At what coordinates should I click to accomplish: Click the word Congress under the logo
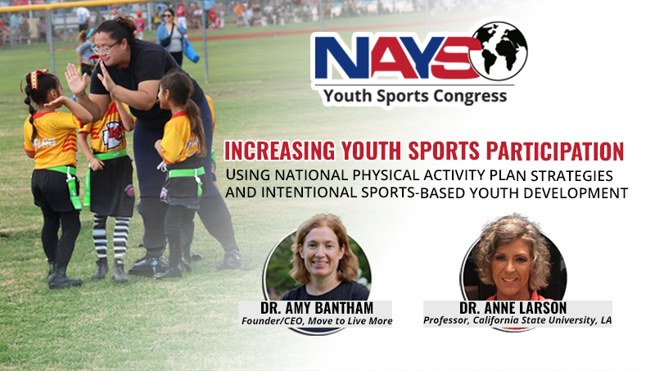[470, 97]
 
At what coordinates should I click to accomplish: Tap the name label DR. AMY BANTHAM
[315, 307]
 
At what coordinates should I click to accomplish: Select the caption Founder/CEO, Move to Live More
[316, 320]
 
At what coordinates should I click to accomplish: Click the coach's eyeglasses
[106, 48]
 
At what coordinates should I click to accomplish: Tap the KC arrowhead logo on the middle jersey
[111, 130]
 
